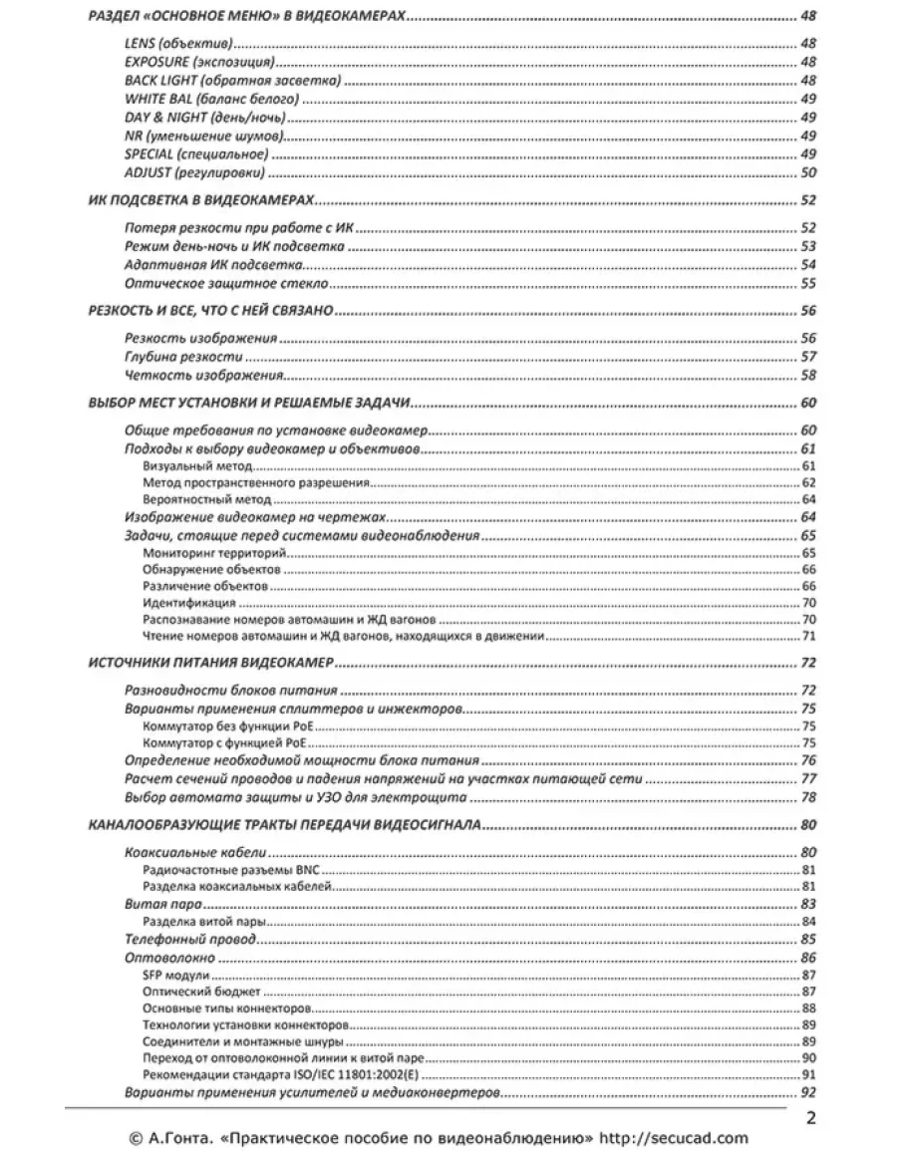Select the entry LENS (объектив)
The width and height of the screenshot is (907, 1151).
point(178,45)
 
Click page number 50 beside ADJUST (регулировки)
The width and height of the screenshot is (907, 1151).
point(808,172)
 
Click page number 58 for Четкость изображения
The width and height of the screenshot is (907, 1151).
point(808,376)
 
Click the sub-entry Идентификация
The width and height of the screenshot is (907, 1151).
point(189,603)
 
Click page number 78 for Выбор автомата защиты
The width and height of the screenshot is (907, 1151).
point(808,797)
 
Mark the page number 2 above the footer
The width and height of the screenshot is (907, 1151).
point(811,1117)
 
